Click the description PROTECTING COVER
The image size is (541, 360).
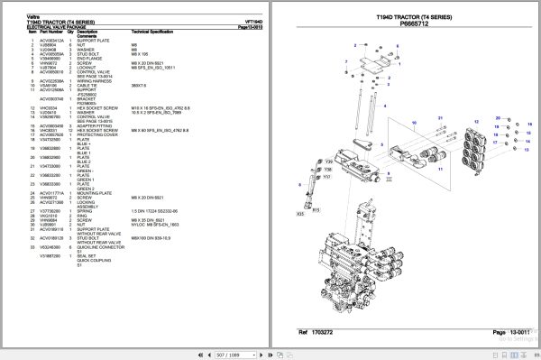tap(96, 134)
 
